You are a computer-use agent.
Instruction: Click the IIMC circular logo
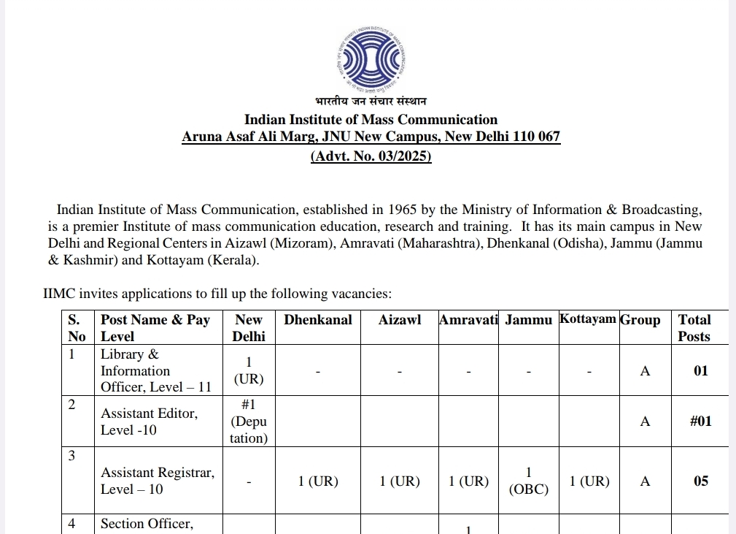(371, 58)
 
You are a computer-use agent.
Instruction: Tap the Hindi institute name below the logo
(371, 101)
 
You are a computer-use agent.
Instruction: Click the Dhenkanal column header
(317, 320)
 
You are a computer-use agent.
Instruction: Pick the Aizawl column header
(400, 320)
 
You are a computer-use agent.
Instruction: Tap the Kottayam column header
(587, 319)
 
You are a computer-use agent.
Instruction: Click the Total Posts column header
(694, 328)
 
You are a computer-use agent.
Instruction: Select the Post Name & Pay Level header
(155, 328)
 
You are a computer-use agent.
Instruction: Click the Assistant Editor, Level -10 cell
(149, 422)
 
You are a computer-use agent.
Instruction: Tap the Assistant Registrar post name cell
(158, 481)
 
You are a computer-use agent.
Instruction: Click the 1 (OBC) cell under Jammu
(528, 481)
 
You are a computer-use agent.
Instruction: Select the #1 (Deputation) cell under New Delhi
(249, 422)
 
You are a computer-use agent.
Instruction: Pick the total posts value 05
(700, 481)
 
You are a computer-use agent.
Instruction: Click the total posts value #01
(700, 421)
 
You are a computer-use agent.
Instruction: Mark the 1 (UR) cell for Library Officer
(249, 371)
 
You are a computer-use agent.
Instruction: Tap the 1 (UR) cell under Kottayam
(589, 481)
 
